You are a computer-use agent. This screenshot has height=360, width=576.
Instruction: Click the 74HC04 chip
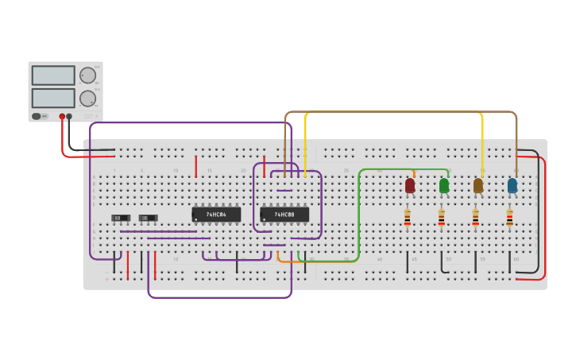[216, 215]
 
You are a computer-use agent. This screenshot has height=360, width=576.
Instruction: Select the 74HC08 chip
[284, 215]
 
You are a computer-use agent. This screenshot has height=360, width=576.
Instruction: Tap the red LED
[410, 185]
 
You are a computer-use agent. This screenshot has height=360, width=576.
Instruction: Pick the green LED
[444, 185]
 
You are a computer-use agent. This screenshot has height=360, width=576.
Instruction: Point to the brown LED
[478, 185]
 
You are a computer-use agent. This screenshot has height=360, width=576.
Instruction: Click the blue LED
[512, 185]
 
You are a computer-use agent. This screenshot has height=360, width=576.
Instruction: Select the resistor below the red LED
[408, 218]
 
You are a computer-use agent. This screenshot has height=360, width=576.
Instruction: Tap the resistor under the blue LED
[510, 218]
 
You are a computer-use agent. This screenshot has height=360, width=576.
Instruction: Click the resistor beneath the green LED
[442, 218]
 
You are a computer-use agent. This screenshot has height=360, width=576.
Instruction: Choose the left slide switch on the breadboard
[121, 218]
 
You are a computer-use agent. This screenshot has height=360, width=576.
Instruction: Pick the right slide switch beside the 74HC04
[148, 218]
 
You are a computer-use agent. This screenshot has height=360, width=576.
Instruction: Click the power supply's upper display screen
[53, 75]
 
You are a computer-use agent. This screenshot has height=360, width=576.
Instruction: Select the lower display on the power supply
[53, 99]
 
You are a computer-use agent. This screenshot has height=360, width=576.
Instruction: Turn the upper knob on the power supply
[87, 75]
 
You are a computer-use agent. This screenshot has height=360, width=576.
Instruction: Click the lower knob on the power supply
[87, 99]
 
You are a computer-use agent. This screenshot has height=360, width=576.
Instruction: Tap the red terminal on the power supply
[62, 116]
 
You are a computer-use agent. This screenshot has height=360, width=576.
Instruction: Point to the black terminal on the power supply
[69, 116]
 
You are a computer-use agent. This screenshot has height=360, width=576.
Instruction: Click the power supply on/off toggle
[37, 116]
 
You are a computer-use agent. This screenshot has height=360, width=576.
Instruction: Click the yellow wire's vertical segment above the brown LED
[482, 143]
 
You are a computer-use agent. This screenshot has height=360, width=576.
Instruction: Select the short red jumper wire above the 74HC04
[195, 166]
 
